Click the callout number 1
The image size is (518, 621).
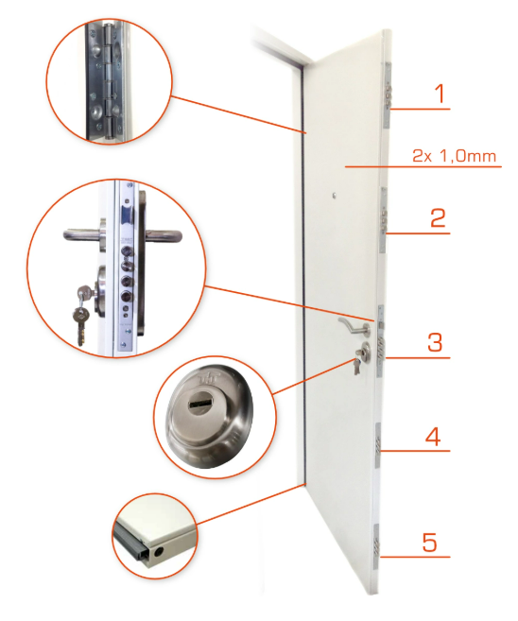440,94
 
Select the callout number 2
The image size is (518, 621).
438,217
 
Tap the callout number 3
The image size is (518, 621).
435,342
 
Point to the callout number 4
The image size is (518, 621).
433,437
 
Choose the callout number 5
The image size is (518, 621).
430,543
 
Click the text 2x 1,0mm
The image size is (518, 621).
455,156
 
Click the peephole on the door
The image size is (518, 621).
335,196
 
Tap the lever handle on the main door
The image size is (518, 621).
354,325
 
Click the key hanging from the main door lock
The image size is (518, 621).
357,367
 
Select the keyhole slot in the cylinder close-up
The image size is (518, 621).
200,404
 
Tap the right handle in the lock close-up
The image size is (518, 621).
164,236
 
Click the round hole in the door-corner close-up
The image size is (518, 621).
159,552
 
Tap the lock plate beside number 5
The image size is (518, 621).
376,547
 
